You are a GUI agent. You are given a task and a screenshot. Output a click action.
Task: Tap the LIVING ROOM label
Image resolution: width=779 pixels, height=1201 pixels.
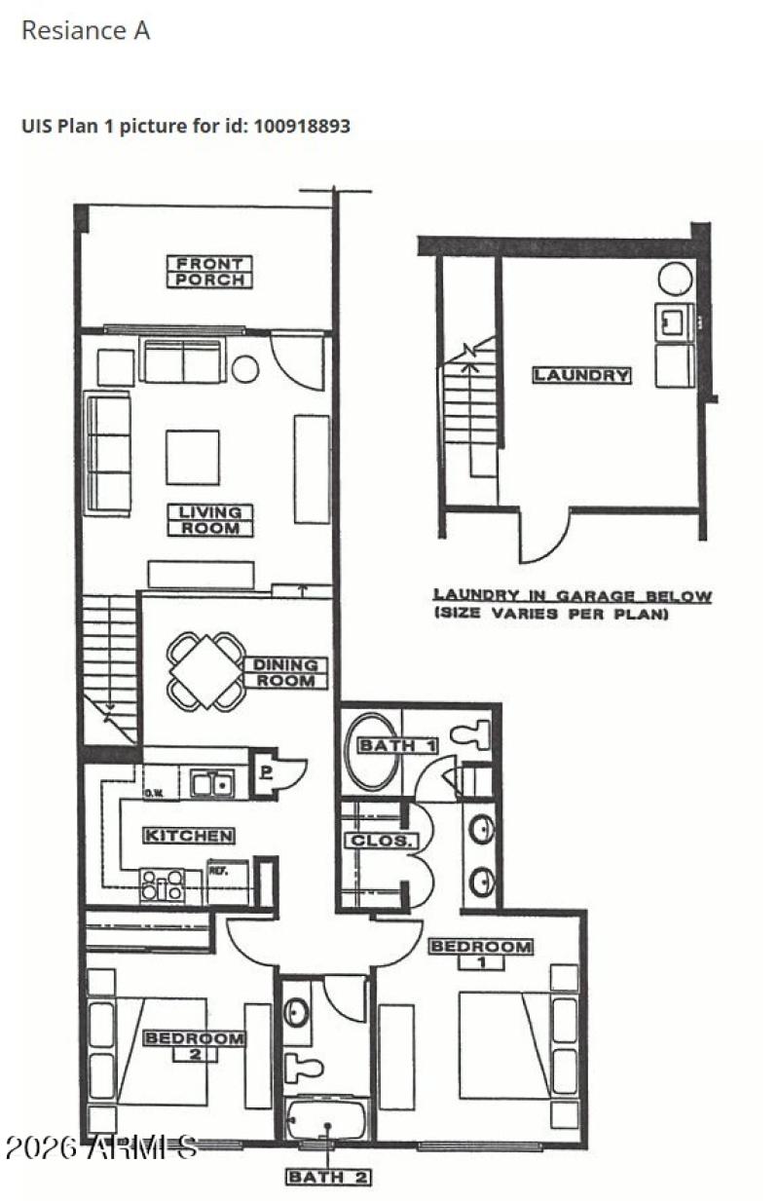(209, 520)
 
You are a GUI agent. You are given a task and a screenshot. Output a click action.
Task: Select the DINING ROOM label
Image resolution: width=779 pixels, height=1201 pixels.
(285, 673)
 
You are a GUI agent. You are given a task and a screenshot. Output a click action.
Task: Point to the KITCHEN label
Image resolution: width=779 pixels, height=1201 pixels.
(189, 836)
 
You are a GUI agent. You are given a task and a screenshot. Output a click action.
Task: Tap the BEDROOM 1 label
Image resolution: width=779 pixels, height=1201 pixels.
(481, 954)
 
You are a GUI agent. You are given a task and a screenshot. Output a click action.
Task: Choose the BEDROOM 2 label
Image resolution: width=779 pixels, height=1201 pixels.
(194, 1045)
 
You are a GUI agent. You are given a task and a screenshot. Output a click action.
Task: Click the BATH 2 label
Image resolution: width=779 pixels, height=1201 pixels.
(327, 1177)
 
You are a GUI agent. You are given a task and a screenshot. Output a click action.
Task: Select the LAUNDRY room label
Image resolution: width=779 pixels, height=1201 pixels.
(581, 375)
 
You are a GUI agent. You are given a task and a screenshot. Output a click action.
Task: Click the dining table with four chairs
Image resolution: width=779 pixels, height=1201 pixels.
(205, 670)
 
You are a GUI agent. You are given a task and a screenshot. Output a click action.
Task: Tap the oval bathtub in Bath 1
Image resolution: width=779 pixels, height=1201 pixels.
(373, 751)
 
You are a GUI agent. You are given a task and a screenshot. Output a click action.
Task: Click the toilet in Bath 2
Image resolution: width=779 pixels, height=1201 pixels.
(309, 1065)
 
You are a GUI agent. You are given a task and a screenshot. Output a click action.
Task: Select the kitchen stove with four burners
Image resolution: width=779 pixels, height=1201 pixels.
(163, 884)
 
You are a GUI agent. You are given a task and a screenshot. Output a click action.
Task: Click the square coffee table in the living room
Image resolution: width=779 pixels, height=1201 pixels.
(192, 457)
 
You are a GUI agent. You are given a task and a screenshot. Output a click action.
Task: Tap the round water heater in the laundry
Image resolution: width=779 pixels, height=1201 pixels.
(675, 279)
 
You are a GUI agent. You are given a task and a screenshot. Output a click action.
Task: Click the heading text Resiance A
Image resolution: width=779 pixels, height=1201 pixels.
(86, 30)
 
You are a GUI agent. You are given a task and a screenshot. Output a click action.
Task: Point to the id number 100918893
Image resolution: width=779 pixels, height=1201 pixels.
(302, 126)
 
